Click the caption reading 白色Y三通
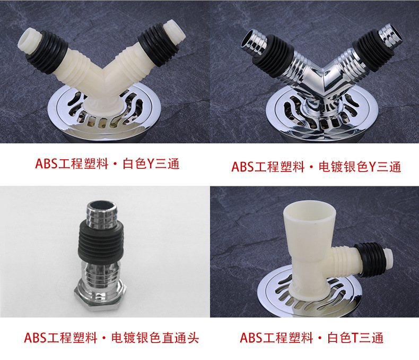point(151,164)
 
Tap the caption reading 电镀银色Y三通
point(360,167)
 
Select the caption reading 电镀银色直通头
point(155,338)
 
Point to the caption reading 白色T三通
point(356,338)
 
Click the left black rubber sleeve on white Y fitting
point(48,52)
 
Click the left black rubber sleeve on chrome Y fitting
point(274,56)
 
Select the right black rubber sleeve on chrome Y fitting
point(373,51)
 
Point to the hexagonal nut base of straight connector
point(100,295)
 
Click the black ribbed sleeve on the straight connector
point(101,242)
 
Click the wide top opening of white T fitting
point(310,210)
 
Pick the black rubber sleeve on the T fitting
point(370,259)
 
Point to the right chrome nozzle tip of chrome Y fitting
point(390,35)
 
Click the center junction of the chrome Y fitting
point(324,80)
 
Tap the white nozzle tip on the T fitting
point(389,258)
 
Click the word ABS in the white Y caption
point(46,164)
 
